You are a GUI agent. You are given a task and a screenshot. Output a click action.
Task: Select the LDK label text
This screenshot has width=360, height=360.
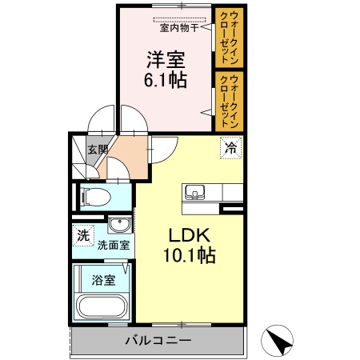[x=188, y=236]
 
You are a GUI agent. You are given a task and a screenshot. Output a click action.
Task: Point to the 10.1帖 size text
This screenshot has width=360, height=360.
[x=189, y=256]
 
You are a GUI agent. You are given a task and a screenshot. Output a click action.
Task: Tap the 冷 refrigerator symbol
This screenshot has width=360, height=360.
[x=230, y=147]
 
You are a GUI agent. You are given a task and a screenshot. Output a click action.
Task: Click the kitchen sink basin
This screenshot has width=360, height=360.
[x=195, y=193]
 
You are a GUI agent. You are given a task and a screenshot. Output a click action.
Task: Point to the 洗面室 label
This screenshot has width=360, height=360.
[x=114, y=246]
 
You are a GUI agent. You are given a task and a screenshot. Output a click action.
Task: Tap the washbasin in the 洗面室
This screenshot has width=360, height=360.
[x=120, y=224]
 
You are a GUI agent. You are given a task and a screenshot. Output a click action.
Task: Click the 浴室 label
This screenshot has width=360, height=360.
[x=102, y=280]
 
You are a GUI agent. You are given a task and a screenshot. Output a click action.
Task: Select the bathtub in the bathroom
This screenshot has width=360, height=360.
[x=101, y=307]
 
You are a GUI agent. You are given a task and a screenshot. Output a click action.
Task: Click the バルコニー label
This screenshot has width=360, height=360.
[x=158, y=342]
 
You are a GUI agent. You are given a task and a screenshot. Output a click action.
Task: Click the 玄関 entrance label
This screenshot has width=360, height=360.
[x=97, y=150]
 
